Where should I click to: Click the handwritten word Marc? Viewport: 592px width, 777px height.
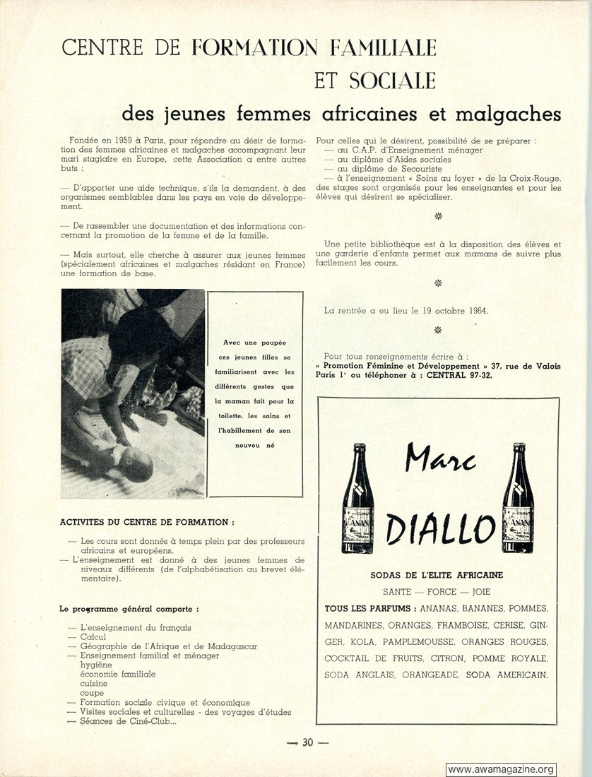pyautogui.click(x=440, y=461)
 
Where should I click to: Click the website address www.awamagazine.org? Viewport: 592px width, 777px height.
pyautogui.click(x=501, y=769)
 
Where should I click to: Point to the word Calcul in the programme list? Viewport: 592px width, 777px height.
pyautogui.click(x=94, y=636)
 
